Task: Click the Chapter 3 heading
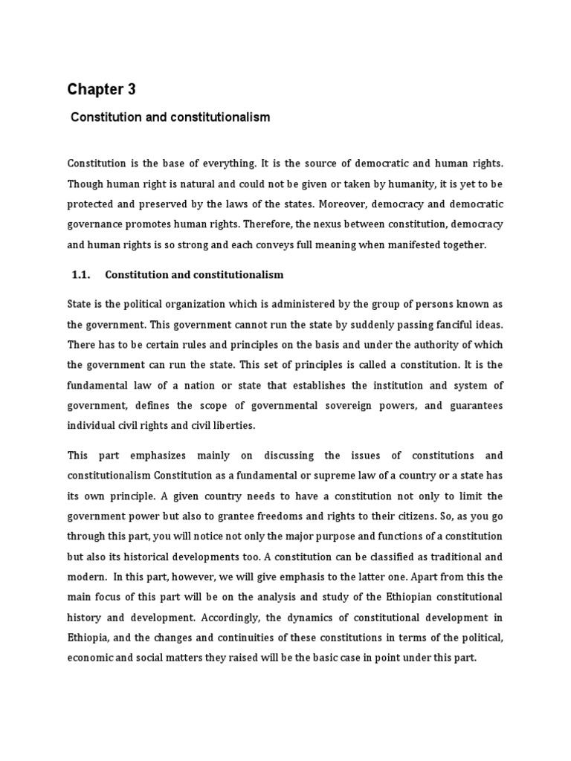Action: [x=102, y=90]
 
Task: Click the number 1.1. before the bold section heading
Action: [x=80, y=275]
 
